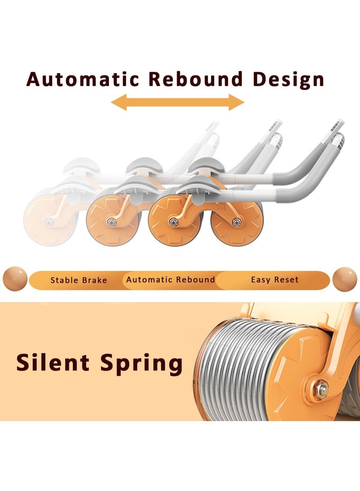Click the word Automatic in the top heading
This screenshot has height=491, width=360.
pyautogui.click(x=83, y=79)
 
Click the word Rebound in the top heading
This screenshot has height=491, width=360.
pyautogui.click(x=196, y=79)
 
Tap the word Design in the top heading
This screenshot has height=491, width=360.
pyautogui.click(x=288, y=80)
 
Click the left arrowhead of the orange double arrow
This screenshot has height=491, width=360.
pyautogui.click(x=119, y=102)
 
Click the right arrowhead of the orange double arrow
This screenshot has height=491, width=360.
pyautogui.click(x=236, y=102)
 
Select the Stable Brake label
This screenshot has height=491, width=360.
pyautogui.click(x=79, y=280)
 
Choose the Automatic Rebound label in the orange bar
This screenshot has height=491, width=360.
pyautogui.click(x=170, y=279)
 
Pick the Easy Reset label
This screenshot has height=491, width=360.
pyautogui.click(x=274, y=279)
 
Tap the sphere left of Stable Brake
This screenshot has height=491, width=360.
pyautogui.click(x=15, y=279)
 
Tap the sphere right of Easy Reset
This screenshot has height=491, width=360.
pyautogui.click(x=345, y=279)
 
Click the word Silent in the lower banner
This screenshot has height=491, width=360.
pyautogui.click(x=53, y=362)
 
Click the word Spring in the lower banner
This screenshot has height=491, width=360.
pyautogui.click(x=141, y=364)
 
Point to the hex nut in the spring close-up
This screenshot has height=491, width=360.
pyautogui.click(x=321, y=390)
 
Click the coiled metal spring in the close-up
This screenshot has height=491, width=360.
pyautogui.click(x=241, y=369)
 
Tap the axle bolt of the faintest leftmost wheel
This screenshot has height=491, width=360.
pyautogui.click(x=49, y=222)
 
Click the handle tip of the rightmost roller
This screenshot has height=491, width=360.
pyautogui.click(x=338, y=124)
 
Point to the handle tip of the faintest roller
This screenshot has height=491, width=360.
pyautogui.click(x=213, y=125)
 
